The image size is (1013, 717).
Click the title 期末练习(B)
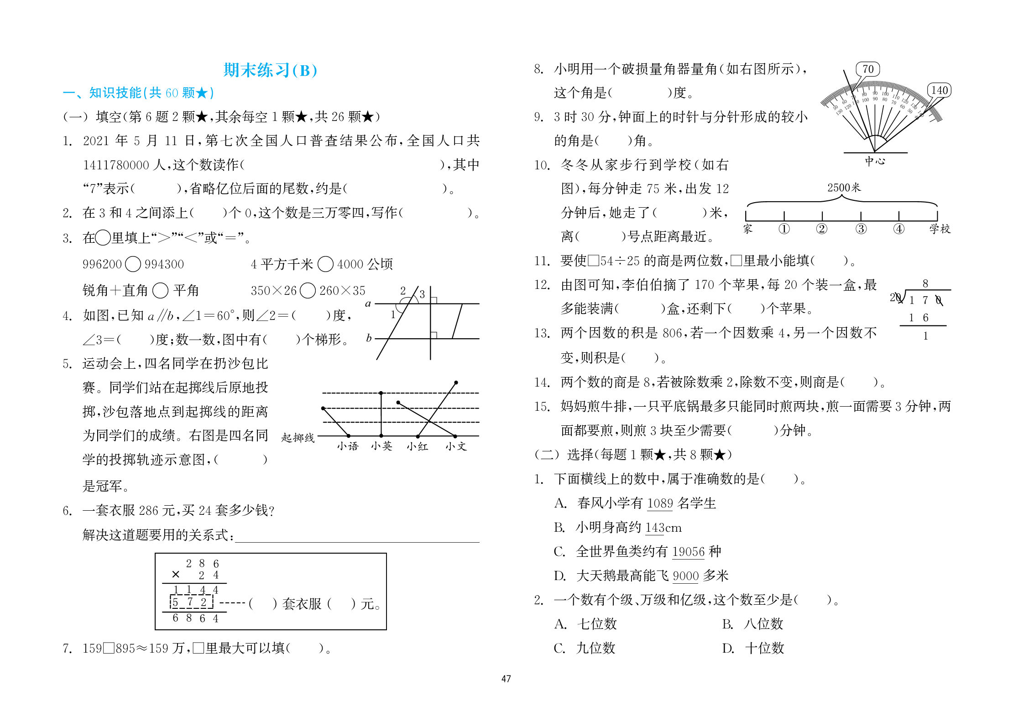pyautogui.click(x=270, y=70)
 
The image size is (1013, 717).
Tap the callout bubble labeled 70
pyautogui.click(x=867, y=69)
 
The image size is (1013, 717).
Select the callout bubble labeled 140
pyautogui.click(x=939, y=90)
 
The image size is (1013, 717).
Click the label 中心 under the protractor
pyautogui.click(x=875, y=161)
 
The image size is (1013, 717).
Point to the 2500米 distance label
pyautogui.click(x=844, y=188)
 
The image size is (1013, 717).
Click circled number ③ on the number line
pyautogui.click(x=861, y=229)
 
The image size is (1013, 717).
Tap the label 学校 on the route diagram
pyautogui.click(x=940, y=229)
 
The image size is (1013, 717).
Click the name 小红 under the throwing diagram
pyautogui.click(x=417, y=446)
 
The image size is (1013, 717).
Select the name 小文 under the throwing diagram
pyautogui.click(x=456, y=446)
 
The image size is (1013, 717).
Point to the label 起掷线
pyautogui.click(x=298, y=438)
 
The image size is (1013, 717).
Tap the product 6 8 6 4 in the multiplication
pyautogui.click(x=195, y=618)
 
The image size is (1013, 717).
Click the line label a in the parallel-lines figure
pyautogui.click(x=368, y=304)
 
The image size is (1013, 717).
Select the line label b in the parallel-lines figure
pyautogui.click(x=369, y=338)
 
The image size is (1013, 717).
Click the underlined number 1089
pyautogui.click(x=660, y=503)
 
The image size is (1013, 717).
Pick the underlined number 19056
pyautogui.click(x=688, y=552)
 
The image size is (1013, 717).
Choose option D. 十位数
pyautogui.click(x=753, y=648)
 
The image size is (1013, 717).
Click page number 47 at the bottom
pyautogui.click(x=506, y=679)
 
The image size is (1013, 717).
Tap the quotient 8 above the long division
pyautogui.click(x=925, y=283)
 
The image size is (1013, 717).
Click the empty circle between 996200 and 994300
pyautogui.click(x=133, y=264)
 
